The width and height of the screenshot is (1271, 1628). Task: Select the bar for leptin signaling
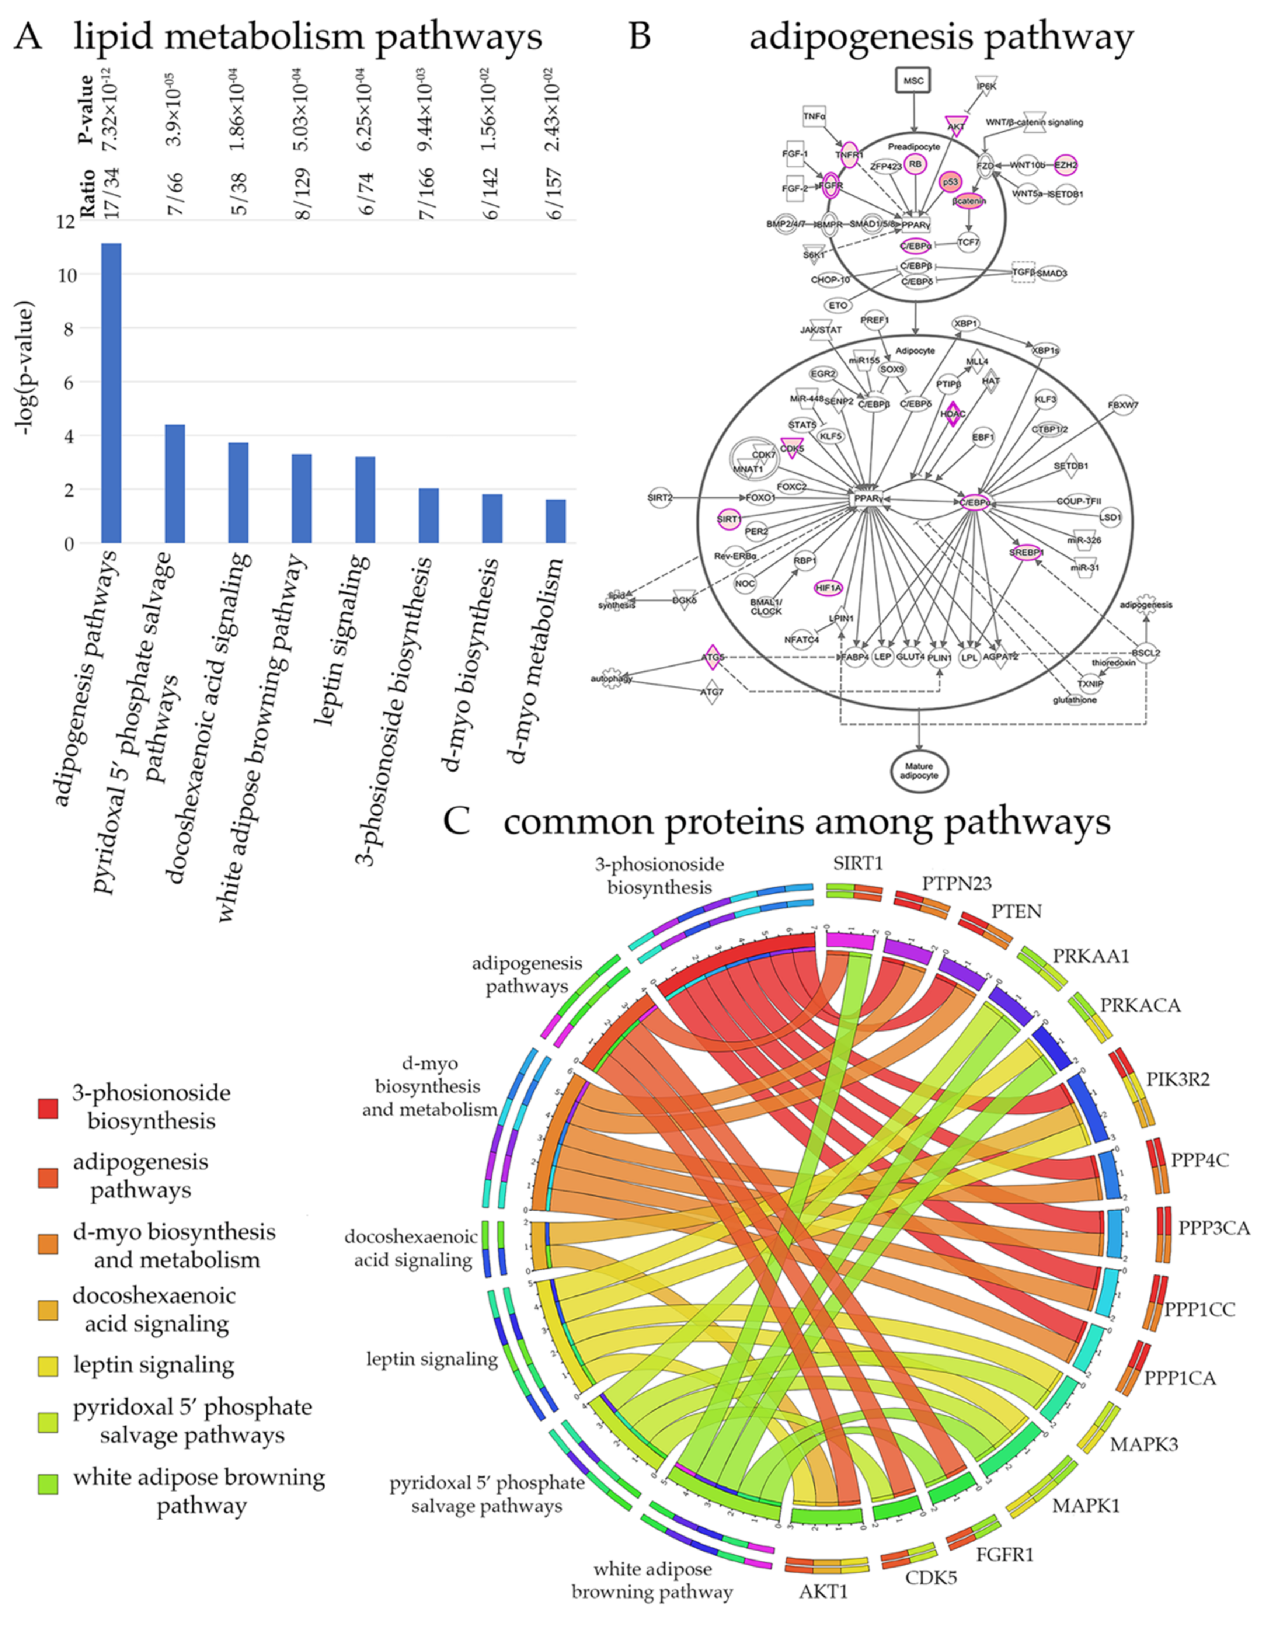click(x=365, y=500)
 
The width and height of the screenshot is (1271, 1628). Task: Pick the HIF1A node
click(x=828, y=588)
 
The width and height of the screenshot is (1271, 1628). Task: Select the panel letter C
click(x=456, y=821)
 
